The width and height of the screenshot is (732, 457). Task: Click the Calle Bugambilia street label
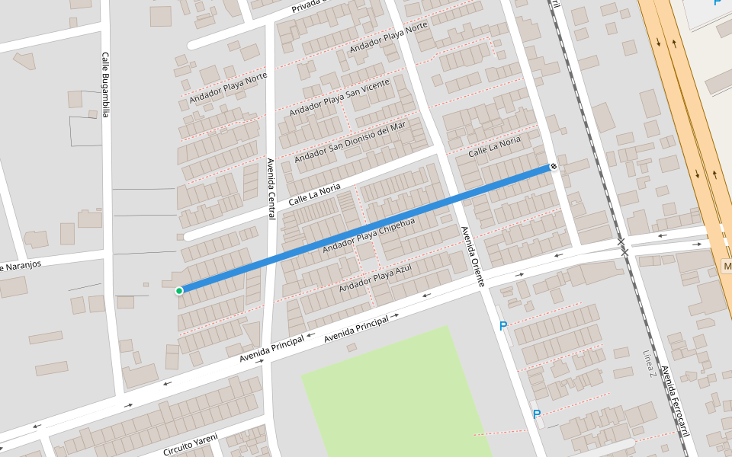[106, 85]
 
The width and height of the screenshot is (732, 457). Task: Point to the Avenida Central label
[271, 189]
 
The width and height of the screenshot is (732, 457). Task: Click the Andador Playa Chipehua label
[368, 236]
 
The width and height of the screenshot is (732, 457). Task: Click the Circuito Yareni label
[190, 444]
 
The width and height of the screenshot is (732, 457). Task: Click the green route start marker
[179, 290]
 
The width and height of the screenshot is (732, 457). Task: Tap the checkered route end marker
[554, 166]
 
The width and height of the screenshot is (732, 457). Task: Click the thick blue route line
[366, 228]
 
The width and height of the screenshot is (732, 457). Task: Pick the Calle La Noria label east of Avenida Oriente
[494, 147]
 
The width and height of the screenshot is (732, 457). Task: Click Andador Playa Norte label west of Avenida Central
[228, 88]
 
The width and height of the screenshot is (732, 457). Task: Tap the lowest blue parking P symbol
[537, 414]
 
